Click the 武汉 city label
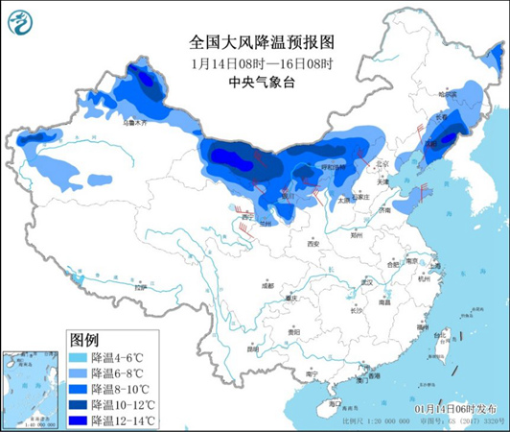click(365, 281)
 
